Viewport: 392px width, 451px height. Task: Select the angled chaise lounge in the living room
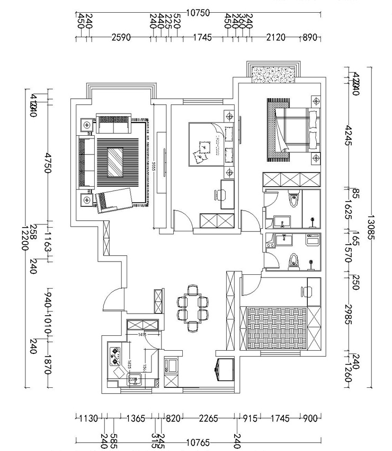(x=113, y=200)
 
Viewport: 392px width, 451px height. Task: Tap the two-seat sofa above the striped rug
(x=113, y=124)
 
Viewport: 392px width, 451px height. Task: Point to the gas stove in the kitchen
(x=114, y=356)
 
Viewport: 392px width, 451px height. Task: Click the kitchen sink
(x=133, y=379)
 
